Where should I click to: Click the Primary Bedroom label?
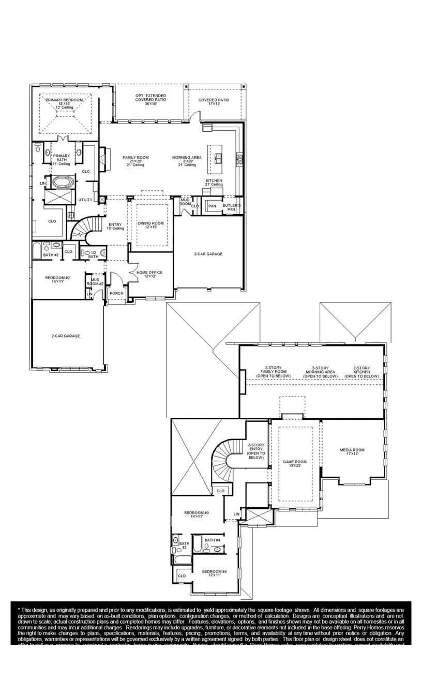pos(65,103)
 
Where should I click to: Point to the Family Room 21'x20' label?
pos(135,161)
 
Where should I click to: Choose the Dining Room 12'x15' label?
pos(150,226)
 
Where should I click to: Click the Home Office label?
pos(149,274)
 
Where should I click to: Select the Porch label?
pos(116,293)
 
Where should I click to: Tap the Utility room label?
pos(85,200)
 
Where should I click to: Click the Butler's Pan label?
pos(231,207)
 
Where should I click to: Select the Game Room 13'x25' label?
pos(295,463)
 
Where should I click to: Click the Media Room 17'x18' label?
pos(352,451)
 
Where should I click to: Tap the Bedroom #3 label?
pos(196,515)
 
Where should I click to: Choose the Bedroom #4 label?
pos(214,573)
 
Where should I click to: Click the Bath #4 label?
pos(212,540)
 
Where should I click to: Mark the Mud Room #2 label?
pos(95,281)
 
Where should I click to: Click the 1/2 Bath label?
pos(93,254)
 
